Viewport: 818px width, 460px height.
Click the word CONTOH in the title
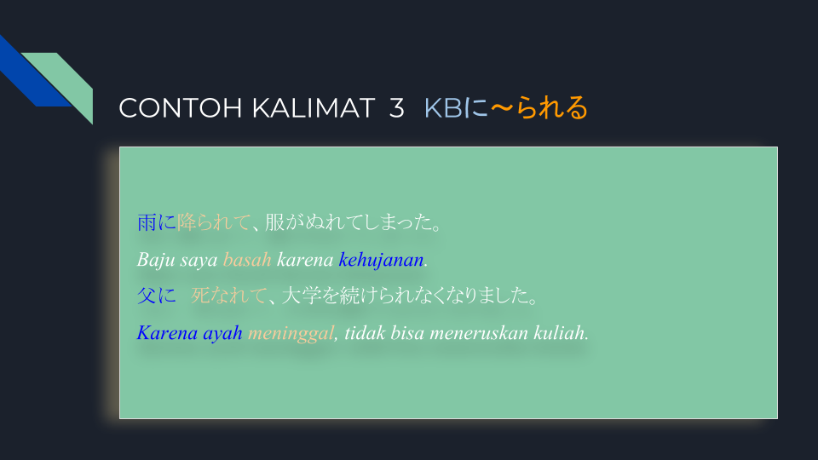click(x=181, y=108)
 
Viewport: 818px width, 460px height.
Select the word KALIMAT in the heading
click(x=313, y=108)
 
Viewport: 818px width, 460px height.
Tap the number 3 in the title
click(x=396, y=108)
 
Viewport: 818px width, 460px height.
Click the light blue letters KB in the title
click(x=443, y=108)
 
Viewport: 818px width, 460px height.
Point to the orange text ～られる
click(x=539, y=108)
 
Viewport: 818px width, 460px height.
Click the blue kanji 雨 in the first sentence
click(x=147, y=222)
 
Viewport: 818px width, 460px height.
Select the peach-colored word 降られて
click(x=213, y=222)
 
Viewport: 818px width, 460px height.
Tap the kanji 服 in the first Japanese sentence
click(x=274, y=222)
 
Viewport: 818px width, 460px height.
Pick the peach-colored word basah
click(x=247, y=260)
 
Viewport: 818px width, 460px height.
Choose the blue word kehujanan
click(x=381, y=260)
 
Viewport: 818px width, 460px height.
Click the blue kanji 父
click(x=147, y=296)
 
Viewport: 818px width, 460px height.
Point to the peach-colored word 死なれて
click(x=229, y=296)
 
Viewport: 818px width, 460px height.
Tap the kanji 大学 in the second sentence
click(x=301, y=296)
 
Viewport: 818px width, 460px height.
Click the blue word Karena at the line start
click(x=167, y=333)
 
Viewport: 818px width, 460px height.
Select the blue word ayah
click(x=222, y=333)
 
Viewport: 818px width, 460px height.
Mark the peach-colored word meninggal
click(x=291, y=333)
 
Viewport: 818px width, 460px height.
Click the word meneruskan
click(x=479, y=333)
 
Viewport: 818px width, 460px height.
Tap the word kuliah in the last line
click(x=559, y=333)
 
